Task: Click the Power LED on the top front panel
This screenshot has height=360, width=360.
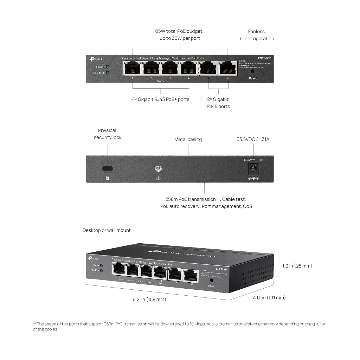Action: (108, 66)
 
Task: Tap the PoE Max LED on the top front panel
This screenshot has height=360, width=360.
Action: (108, 73)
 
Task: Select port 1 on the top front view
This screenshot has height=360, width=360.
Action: (132, 68)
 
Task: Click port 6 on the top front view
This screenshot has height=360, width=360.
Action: (227, 68)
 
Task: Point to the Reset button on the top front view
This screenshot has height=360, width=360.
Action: (252, 71)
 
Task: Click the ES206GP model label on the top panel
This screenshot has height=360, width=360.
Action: (264, 58)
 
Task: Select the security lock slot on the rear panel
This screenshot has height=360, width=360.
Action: (107, 168)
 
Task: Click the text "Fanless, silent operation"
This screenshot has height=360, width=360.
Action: (257, 35)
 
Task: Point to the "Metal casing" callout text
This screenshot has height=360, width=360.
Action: (188, 140)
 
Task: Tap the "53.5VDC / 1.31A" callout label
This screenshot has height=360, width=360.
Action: (253, 140)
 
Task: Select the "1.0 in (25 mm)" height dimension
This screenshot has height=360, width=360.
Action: (297, 266)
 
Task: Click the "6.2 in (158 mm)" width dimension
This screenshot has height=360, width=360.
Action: (149, 300)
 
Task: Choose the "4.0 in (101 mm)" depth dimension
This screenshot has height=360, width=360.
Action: (269, 298)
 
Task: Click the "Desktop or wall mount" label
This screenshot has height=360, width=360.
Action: (107, 230)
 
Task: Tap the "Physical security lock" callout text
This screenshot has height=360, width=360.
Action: (108, 134)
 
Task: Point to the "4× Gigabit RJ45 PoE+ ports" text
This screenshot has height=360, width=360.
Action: (161, 99)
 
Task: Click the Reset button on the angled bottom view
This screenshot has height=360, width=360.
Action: (212, 280)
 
